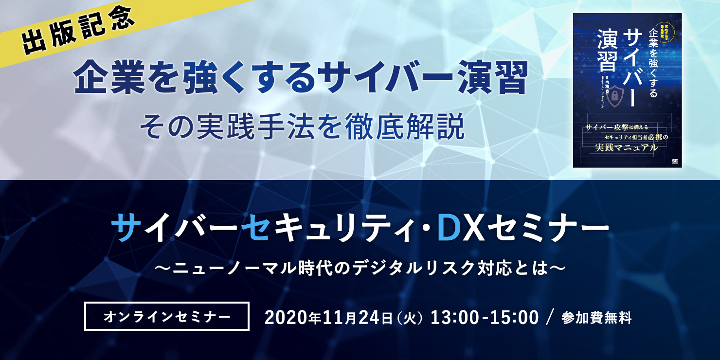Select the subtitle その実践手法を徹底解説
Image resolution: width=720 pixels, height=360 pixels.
coord(302,127)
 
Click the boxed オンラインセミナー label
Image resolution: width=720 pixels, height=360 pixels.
coord(167,317)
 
